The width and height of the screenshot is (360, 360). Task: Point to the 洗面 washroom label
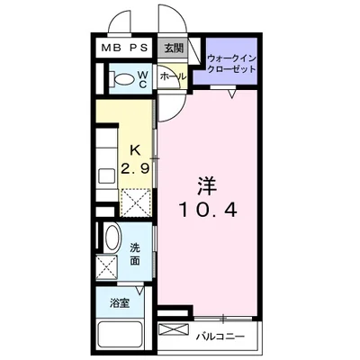click(135, 253)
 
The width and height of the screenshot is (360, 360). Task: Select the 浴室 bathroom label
click(120, 303)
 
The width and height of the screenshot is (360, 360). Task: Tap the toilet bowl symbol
click(118, 80)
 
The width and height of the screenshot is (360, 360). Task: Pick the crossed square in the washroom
click(109, 266)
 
